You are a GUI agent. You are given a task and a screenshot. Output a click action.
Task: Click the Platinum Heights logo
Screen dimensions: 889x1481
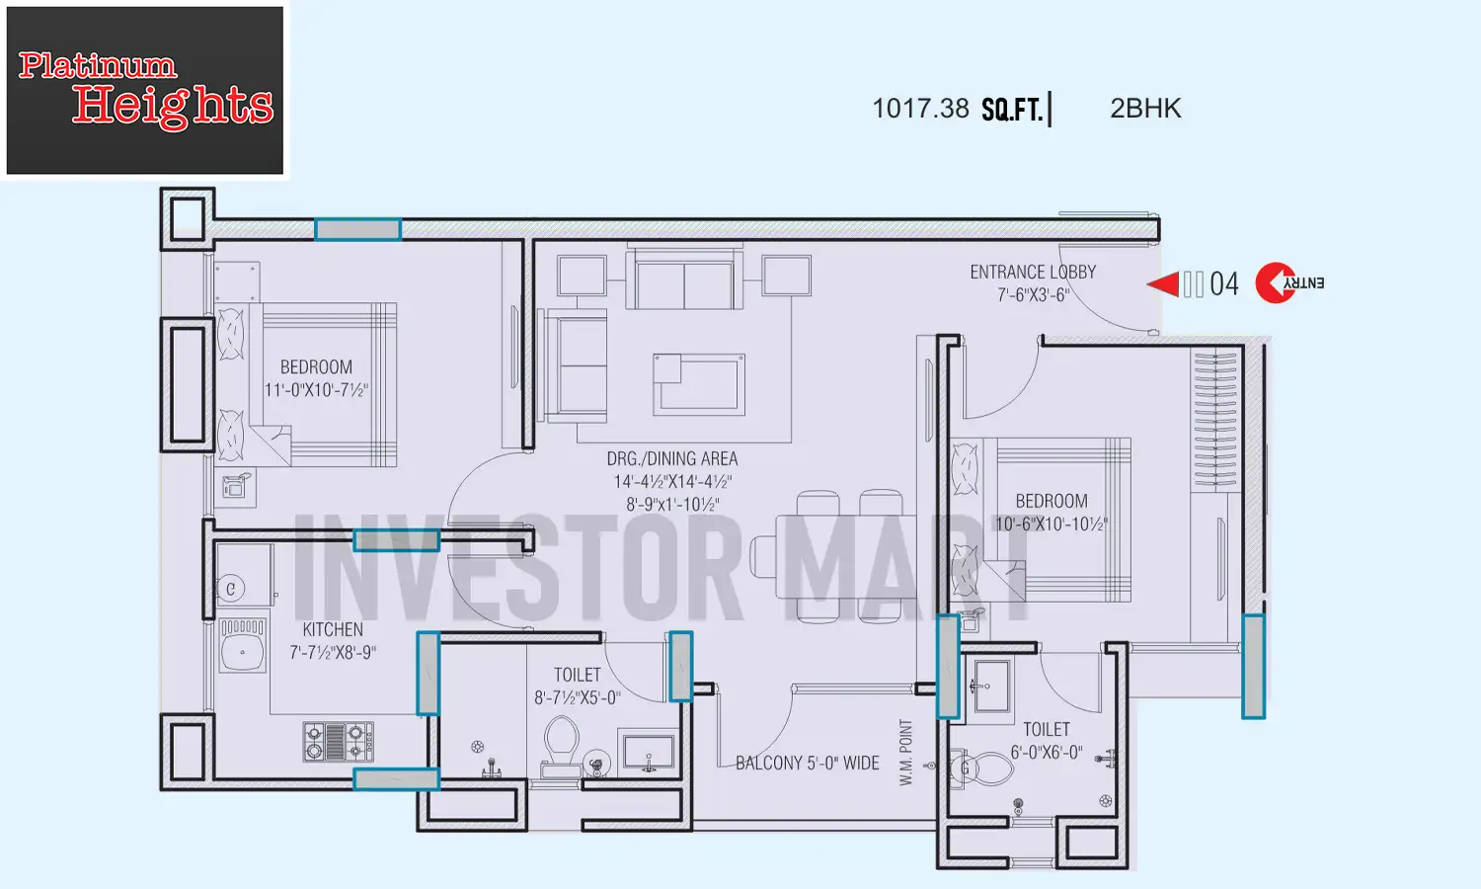pyautogui.click(x=145, y=91)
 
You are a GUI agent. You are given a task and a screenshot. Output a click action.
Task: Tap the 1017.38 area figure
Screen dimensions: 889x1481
pyautogui.click(x=920, y=109)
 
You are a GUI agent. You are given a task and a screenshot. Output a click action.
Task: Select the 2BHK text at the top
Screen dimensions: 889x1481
pyautogui.click(x=1145, y=109)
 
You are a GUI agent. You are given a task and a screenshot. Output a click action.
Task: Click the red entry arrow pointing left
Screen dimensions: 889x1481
pyautogui.click(x=1164, y=284)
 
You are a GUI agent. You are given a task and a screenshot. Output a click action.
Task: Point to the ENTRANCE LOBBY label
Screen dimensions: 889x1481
pyautogui.click(x=1033, y=272)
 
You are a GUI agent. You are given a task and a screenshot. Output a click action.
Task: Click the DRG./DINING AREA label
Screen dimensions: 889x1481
pyautogui.click(x=672, y=458)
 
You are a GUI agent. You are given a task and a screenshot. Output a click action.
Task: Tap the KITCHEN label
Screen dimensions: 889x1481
pyautogui.click(x=333, y=629)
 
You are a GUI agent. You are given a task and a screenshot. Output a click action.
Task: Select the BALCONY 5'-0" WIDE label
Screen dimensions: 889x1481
pyautogui.click(x=808, y=763)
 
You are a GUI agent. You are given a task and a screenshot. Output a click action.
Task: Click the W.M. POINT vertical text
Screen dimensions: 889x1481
pyautogui.click(x=906, y=753)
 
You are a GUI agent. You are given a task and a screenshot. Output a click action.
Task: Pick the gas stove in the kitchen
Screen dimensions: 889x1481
pyautogui.click(x=339, y=741)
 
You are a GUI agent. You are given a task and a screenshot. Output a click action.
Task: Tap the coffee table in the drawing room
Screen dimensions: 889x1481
pyautogui.click(x=698, y=383)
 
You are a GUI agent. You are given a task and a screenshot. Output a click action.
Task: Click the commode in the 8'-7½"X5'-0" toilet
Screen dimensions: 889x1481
pyautogui.click(x=562, y=743)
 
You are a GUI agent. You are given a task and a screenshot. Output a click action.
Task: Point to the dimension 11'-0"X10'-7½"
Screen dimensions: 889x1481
pyautogui.click(x=316, y=390)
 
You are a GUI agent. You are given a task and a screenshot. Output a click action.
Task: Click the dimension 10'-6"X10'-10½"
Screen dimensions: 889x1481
pyautogui.click(x=1052, y=525)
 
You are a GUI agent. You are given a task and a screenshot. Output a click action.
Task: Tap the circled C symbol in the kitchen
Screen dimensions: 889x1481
pyautogui.click(x=231, y=589)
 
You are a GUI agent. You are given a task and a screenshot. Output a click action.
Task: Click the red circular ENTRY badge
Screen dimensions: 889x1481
pyautogui.click(x=1276, y=283)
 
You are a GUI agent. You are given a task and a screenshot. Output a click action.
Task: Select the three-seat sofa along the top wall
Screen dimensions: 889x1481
pyautogui.click(x=684, y=281)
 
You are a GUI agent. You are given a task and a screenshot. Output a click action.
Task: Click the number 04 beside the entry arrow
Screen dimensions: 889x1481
pyautogui.click(x=1223, y=284)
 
